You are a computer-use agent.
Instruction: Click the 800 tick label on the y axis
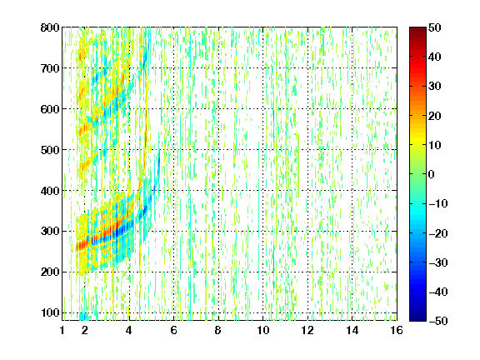50,27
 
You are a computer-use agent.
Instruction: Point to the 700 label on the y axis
50,68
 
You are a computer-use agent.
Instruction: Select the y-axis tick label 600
50,109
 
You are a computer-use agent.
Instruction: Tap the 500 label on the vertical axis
50,150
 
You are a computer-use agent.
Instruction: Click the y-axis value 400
50,191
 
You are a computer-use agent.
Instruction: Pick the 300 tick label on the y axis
50,231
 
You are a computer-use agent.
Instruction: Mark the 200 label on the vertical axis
50,272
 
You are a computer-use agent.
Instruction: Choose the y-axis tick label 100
50,312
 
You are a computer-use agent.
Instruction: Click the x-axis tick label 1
62,330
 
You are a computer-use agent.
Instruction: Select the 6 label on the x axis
173,330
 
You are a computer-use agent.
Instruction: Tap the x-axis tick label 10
263,330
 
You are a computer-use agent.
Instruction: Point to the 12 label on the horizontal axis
307,330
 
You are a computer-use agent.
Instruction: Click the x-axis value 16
397,330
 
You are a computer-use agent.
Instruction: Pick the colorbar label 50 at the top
434,27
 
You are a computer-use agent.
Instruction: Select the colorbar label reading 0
432,174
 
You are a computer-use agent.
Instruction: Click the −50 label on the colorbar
438,321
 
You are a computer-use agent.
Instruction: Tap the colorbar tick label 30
434,87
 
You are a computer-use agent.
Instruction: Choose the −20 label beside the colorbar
438,233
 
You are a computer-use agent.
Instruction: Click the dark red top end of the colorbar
417,29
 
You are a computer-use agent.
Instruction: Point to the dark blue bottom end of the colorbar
417,318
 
